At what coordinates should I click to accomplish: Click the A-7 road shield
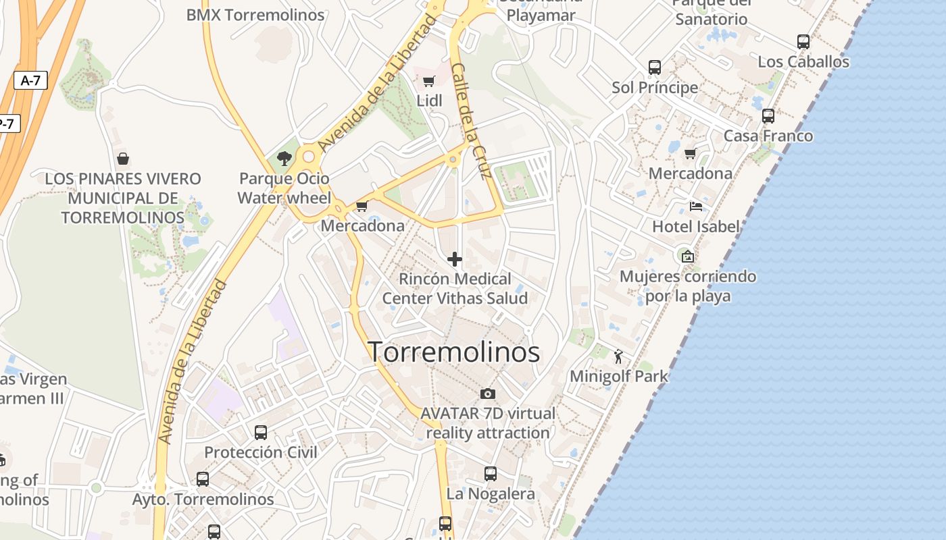pyautogui.click(x=30, y=80)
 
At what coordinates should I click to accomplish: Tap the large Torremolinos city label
pyautogui.click(x=453, y=352)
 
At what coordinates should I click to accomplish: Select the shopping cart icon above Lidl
pyautogui.click(x=428, y=82)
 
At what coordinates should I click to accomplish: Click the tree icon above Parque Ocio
pyautogui.click(x=284, y=159)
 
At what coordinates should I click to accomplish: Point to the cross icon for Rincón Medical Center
pyautogui.click(x=455, y=259)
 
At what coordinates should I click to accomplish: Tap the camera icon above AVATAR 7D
pyautogui.click(x=488, y=393)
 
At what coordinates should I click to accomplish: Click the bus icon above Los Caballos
pyautogui.click(x=803, y=42)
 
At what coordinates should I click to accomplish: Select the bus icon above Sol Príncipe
pyautogui.click(x=655, y=67)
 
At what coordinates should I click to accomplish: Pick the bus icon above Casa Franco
pyautogui.click(x=768, y=116)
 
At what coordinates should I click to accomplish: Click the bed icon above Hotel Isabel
pyautogui.click(x=696, y=207)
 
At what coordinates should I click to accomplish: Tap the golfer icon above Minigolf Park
pyautogui.click(x=618, y=356)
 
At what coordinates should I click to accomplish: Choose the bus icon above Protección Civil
pyautogui.click(x=261, y=432)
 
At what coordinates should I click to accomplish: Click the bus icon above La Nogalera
pyautogui.click(x=491, y=474)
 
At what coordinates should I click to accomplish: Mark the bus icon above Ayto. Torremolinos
pyautogui.click(x=203, y=479)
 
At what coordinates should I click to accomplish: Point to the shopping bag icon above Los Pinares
pyautogui.click(x=123, y=159)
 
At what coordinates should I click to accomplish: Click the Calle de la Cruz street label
pyautogui.click(x=470, y=122)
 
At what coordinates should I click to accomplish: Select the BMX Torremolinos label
pyautogui.click(x=255, y=15)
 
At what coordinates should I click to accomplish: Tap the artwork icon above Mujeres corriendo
pyautogui.click(x=688, y=256)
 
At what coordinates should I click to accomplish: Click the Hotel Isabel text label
pyautogui.click(x=695, y=227)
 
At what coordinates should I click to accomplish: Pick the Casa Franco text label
pyautogui.click(x=768, y=136)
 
